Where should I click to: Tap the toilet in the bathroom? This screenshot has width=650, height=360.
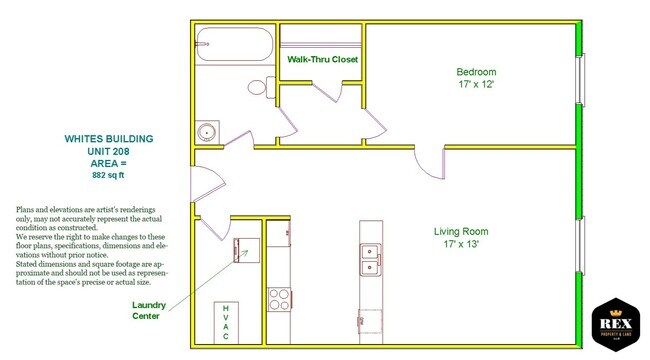click(x=259, y=87)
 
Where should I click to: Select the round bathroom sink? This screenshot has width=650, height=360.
click(x=208, y=132)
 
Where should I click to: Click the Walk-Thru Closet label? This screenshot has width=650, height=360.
click(x=322, y=60)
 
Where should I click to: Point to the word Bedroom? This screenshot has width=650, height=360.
click(x=476, y=72)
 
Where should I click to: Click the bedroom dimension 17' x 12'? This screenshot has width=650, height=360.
click(x=476, y=85)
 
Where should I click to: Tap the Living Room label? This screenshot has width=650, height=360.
click(x=461, y=232)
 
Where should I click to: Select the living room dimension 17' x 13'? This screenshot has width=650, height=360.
click(x=461, y=245)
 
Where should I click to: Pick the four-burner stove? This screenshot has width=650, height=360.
click(x=278, y=297)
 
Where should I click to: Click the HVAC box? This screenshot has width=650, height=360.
click(x=226, y=321)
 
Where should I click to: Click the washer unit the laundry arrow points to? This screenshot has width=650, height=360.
click(x=245, y=248)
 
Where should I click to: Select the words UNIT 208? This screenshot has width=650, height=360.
click(x=110, y=150)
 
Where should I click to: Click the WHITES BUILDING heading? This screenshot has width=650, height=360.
click(x=110, y=138)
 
